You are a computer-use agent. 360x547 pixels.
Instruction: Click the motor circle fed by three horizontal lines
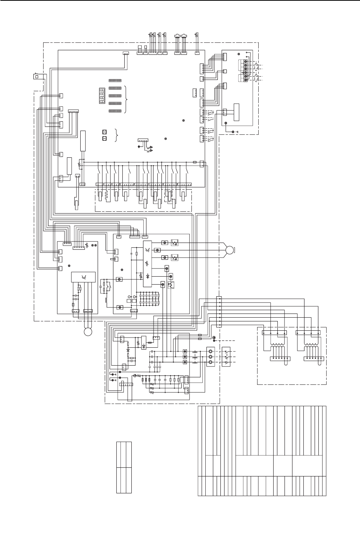pos(229,250)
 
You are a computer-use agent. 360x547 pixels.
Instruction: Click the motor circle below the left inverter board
pos(89,332)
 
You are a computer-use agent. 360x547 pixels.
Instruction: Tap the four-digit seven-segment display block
pos(102,96)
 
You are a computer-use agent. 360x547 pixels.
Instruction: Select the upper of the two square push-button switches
pos(105,132)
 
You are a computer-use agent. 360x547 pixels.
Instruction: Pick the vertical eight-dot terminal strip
pos(219,312)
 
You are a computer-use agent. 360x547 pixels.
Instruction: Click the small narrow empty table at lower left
pos(124,467)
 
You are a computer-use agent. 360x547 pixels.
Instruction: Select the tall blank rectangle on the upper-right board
pos(236,112)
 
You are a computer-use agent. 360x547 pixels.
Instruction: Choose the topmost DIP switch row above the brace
pos(115,81)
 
